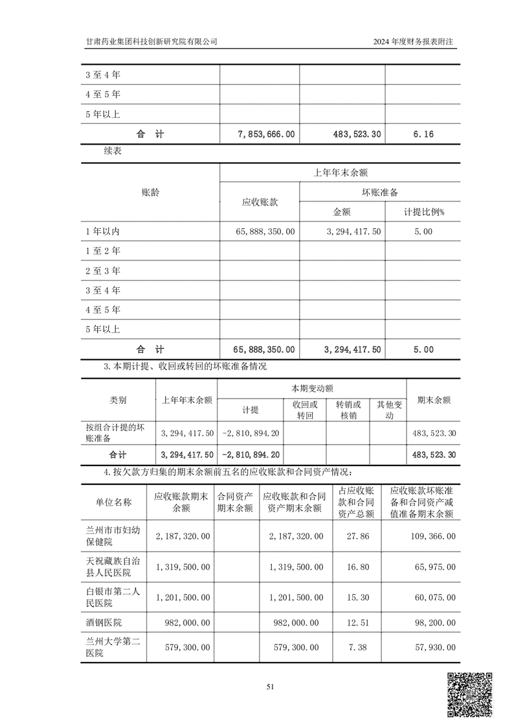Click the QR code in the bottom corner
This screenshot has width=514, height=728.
point(471,696)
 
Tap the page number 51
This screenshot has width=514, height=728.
point(271,687)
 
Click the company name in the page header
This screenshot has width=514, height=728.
point(151,41)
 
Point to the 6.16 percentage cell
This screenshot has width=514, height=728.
point(422,134)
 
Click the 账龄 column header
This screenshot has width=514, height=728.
point(150,193)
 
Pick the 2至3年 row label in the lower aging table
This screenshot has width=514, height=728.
point(103,270)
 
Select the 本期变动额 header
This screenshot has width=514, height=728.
point(312,388)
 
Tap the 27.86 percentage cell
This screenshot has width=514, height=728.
point(357,536)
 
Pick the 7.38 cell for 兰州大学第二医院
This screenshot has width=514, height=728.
point(357,648)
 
